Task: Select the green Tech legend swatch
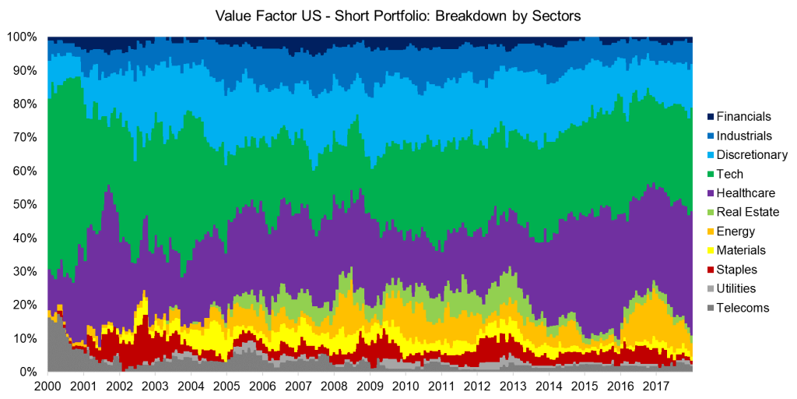coord(711,174)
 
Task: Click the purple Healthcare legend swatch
coord(711,193)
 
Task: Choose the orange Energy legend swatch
coord(711,231)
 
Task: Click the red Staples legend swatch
coord(711,270)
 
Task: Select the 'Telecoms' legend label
coord(743,308)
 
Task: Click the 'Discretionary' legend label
coord(753,155)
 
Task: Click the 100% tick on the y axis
coord(22,37)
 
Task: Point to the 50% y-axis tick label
coord(25,204)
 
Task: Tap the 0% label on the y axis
coord(28,372)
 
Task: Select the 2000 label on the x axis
coord(48,387)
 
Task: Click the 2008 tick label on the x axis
coord(334,387)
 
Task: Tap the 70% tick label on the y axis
coord(25,137)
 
